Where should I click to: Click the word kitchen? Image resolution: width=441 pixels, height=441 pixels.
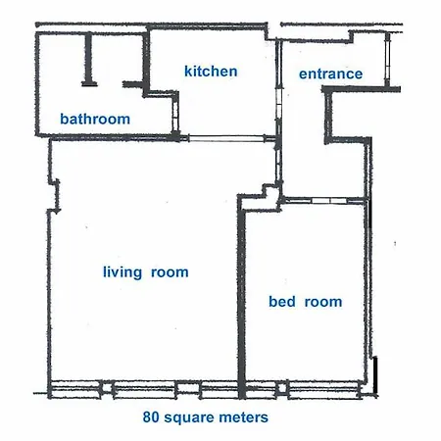(x=211, y=72)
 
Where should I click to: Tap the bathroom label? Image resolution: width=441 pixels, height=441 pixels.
(x=95, y=119)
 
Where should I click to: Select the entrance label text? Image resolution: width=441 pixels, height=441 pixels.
(x=330, y=73)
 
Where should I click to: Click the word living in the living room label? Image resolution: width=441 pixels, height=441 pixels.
(x=122, y=272)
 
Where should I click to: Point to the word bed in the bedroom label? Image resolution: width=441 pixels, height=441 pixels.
(x=282, y=301)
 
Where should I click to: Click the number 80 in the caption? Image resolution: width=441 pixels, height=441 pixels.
(x=151, y=417)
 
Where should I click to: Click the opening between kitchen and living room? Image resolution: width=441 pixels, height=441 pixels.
(x=226, y=138)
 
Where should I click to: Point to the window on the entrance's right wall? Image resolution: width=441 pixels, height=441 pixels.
(x=387, y=60)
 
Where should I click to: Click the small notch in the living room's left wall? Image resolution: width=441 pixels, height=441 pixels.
(x=55, y=195)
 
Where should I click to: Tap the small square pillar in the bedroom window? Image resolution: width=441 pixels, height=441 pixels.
(x=282, y=388)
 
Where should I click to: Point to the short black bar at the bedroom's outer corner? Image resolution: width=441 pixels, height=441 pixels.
(x=375, y=374)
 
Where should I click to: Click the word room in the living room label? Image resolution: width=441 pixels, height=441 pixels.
(x=170, y=272)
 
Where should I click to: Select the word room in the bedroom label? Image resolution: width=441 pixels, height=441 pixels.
(x=323, y=302)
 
